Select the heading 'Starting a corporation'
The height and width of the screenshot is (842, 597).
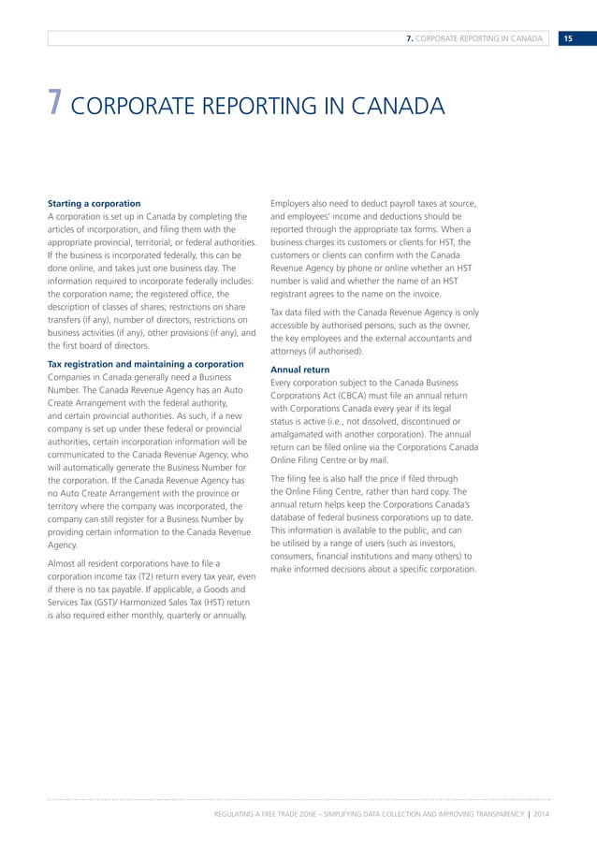pyautogui.click(x=94, y=203)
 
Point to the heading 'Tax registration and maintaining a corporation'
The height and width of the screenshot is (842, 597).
pyautogui.click(x=145, y=364)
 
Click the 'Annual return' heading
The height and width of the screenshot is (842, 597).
pyautogui.click(x=299, y=370)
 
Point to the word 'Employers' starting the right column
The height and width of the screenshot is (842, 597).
pyautogui.click(x=293, y=203)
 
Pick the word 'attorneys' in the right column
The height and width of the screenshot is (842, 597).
pyautogui.click(x=292, y=351)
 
